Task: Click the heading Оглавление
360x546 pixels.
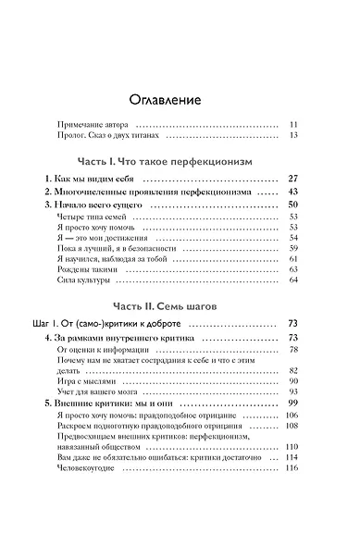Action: tap(180, 99)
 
